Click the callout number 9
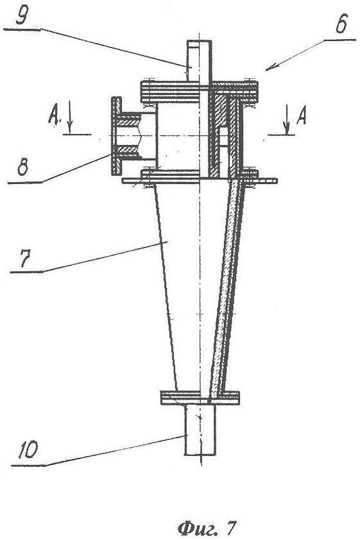click(22, 15)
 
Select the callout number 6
click(341, 24)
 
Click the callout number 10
click(28, 450)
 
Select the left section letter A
click(54, 115)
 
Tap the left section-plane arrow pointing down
click(69, 117)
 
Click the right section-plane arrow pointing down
click(286, 119)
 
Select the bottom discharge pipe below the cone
click(200, 429)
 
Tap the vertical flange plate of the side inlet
click(116, 136)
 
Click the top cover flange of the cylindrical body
click(200, 92)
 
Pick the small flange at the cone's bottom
click(200, 398)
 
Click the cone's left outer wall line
click(166, 287)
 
